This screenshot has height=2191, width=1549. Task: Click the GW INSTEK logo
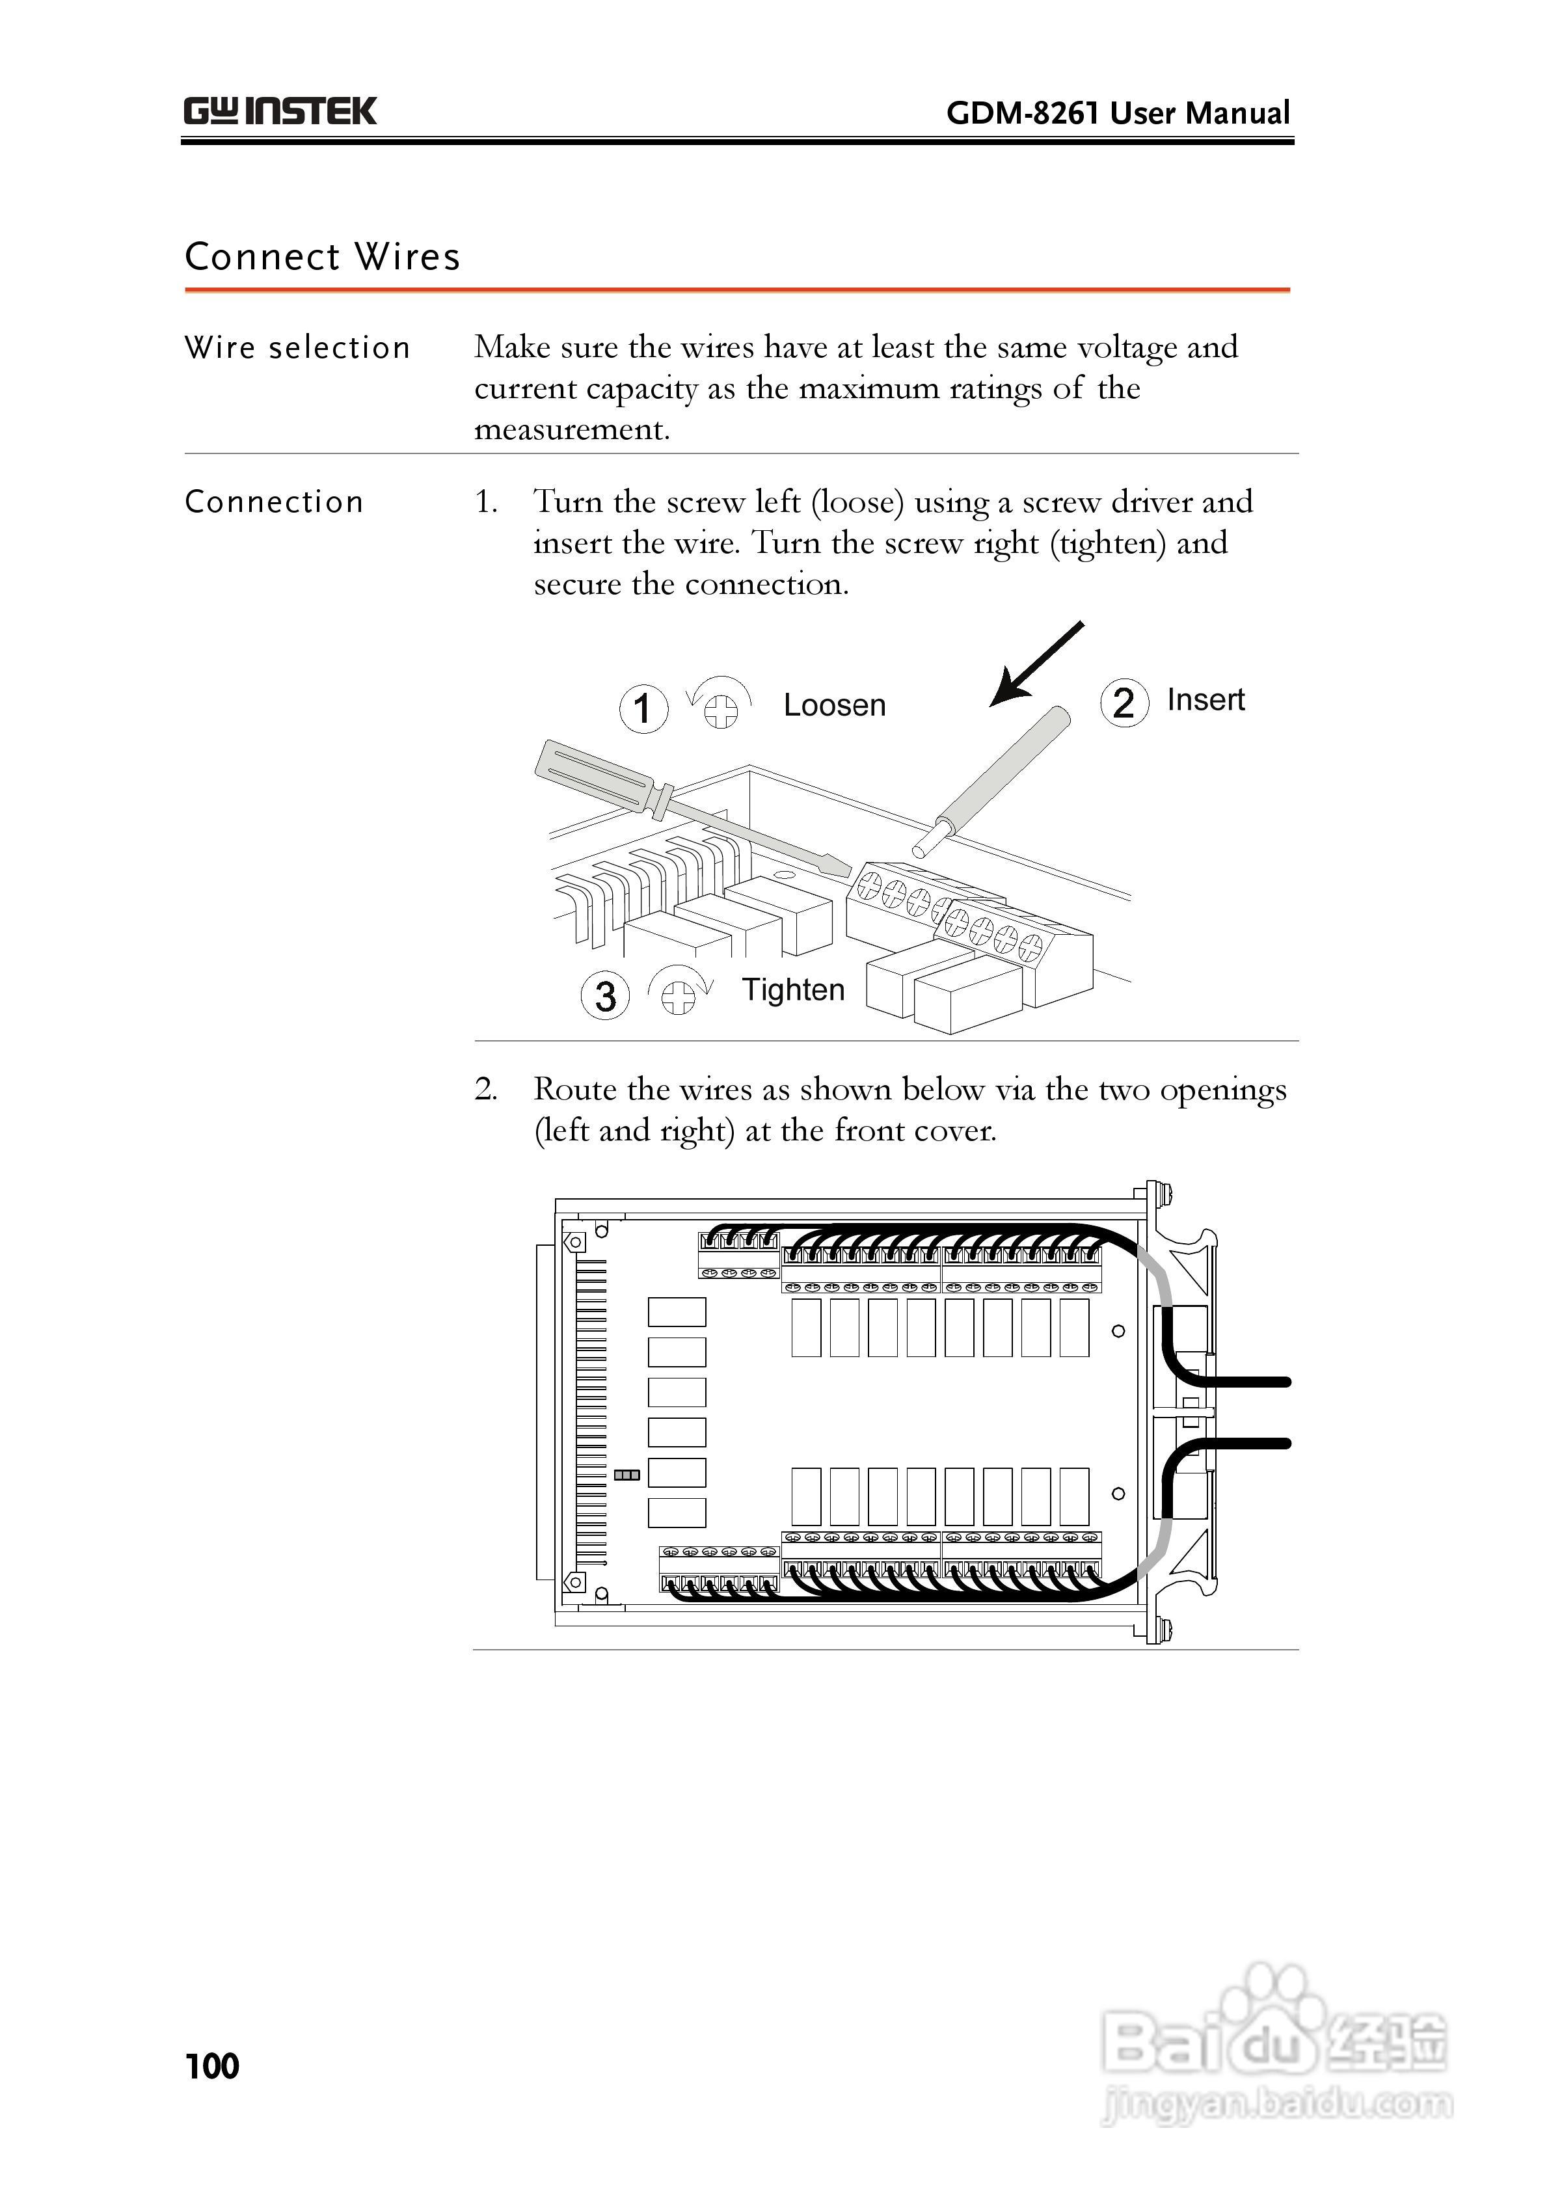coord(280,112)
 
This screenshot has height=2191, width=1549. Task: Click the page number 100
coord(212,2066)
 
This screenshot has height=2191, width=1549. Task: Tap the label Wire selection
coord(297,347)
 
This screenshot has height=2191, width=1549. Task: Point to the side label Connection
coord(274,502)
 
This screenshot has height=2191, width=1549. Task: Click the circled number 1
coord(643,709)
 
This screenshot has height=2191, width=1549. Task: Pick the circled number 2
coord(1124,703)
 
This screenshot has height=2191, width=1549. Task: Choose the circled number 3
coord(605,995)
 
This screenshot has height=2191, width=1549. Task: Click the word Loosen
coord(834,705)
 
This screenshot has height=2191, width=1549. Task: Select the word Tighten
coord(793,989)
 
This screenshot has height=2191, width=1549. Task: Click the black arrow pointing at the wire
coord(1036,664)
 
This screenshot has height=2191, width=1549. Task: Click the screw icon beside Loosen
coord(721,707)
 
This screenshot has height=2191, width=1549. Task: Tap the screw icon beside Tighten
coord(679,995)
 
